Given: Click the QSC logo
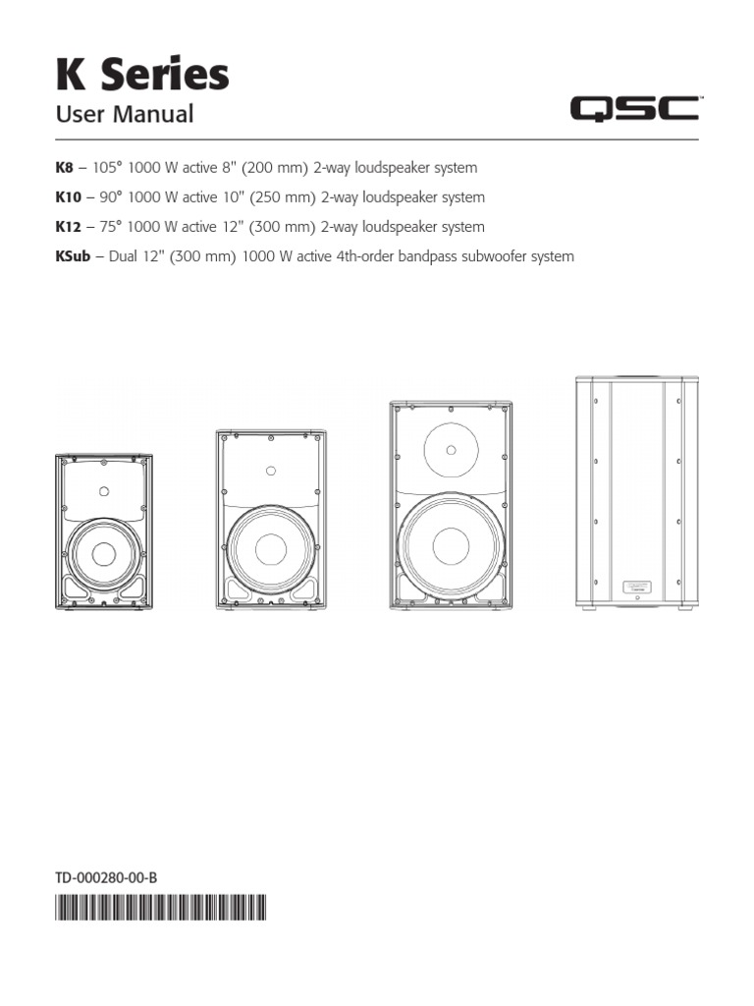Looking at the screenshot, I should pos(635,109).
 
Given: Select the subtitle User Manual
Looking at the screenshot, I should pos(125,115).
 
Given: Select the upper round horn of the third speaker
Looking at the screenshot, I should pos(451,450).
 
